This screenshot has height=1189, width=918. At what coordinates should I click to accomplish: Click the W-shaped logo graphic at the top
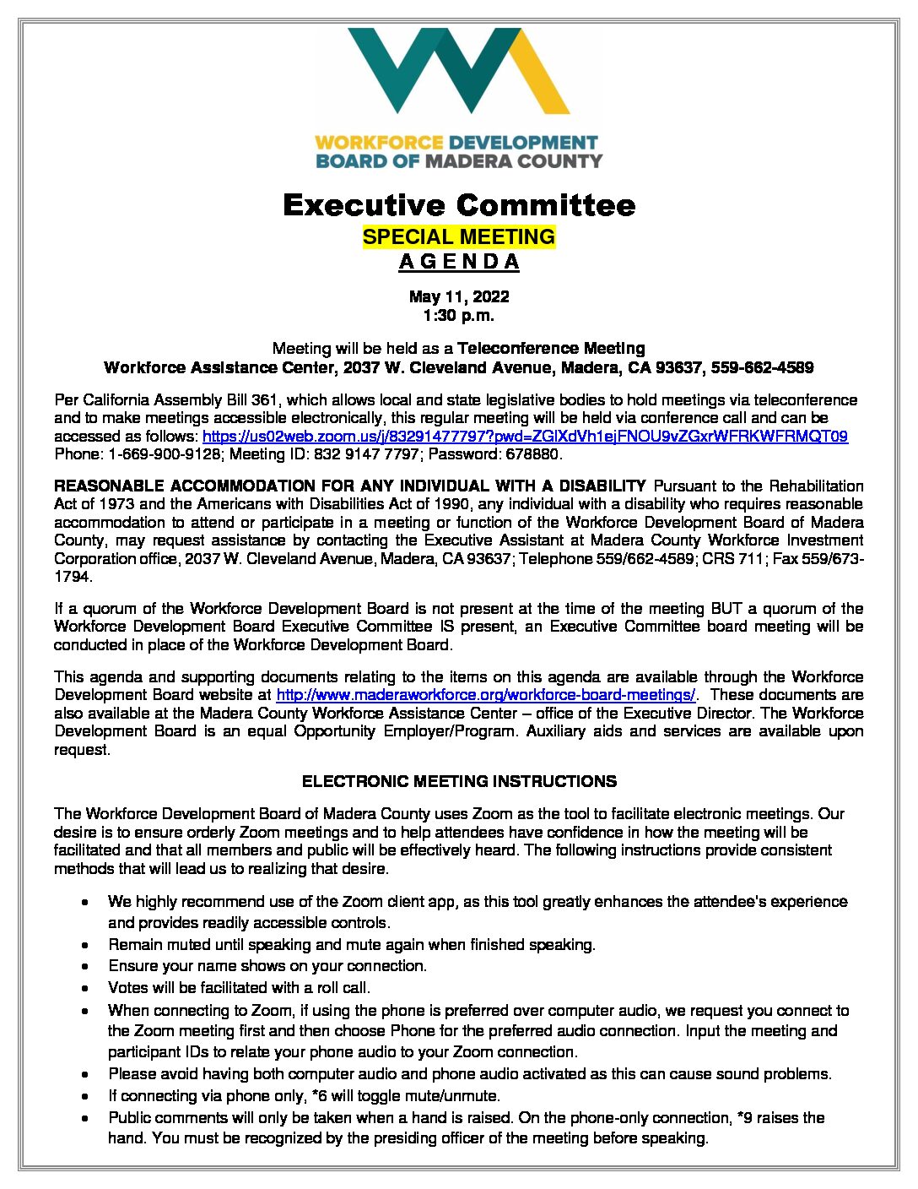click(458, 71)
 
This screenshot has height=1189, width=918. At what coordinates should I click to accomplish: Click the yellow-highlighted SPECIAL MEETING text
click(458, 236)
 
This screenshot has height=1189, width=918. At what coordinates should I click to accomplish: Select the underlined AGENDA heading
click(458, 262)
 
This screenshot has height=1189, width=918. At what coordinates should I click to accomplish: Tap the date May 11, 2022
click(458, 296)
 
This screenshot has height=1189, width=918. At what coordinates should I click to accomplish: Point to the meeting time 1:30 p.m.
click(458, 316)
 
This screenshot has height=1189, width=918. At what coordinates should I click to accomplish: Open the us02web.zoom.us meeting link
click(525, 437)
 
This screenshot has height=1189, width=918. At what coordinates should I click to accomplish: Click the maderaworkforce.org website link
click(486, 695)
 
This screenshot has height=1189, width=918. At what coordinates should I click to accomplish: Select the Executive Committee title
click(458, 205)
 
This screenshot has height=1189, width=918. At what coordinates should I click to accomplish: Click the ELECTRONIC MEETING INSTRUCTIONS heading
click(458, 782)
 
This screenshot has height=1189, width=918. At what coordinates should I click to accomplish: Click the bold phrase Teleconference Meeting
click(551, 348)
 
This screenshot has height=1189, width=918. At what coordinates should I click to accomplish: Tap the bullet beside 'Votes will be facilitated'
click(86, 988)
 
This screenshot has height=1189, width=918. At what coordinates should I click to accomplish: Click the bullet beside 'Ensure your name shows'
click(86, 966)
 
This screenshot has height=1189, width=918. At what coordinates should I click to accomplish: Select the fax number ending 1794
click(73, 577)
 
